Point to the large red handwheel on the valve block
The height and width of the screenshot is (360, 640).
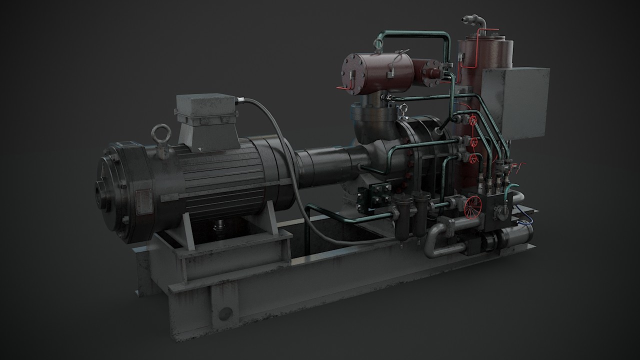(471, 206)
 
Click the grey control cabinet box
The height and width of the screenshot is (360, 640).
(515, 102)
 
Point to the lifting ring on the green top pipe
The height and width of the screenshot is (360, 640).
(378, 44)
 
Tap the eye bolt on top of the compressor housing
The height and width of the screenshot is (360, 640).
(403, 110)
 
